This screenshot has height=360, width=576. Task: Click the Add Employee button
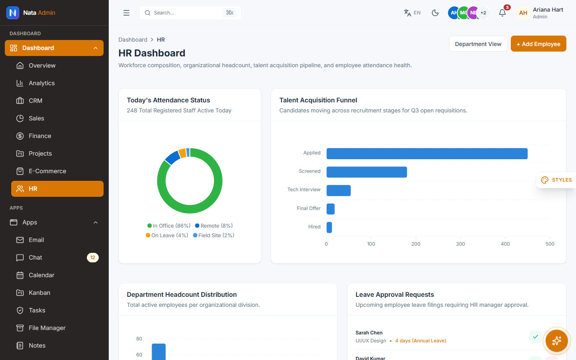(x=538, y=44)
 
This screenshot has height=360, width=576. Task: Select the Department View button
(x=478, y=44)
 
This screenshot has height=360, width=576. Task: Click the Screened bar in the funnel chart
(x=367, y=172)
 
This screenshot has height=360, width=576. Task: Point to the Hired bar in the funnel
(x=329, y=227)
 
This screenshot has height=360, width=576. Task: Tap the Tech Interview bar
(x=338, y=190)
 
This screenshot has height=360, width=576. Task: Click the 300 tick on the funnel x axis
(x=460, y=244)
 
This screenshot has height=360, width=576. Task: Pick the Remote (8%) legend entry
(x=214, y=226)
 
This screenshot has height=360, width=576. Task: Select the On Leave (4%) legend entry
(x=167, y=235)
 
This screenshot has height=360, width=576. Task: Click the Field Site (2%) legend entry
(x=214, y=235)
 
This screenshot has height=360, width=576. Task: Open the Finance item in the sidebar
(x=40, y=136)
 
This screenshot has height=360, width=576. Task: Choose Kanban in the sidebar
(x=39, y=293)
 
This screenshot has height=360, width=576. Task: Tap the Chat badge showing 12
(x=92, y=258)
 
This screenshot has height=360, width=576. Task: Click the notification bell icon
(x=502, y=13)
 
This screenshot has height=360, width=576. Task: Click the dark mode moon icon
(x=435, y=13)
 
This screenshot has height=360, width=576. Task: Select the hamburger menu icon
(x=126, y=13)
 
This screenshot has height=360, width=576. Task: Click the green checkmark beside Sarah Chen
(x=536, y=337)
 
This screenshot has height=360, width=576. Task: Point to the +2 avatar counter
(x=483, y=13)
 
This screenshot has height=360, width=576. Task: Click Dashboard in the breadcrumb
(x=133, y=40)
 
